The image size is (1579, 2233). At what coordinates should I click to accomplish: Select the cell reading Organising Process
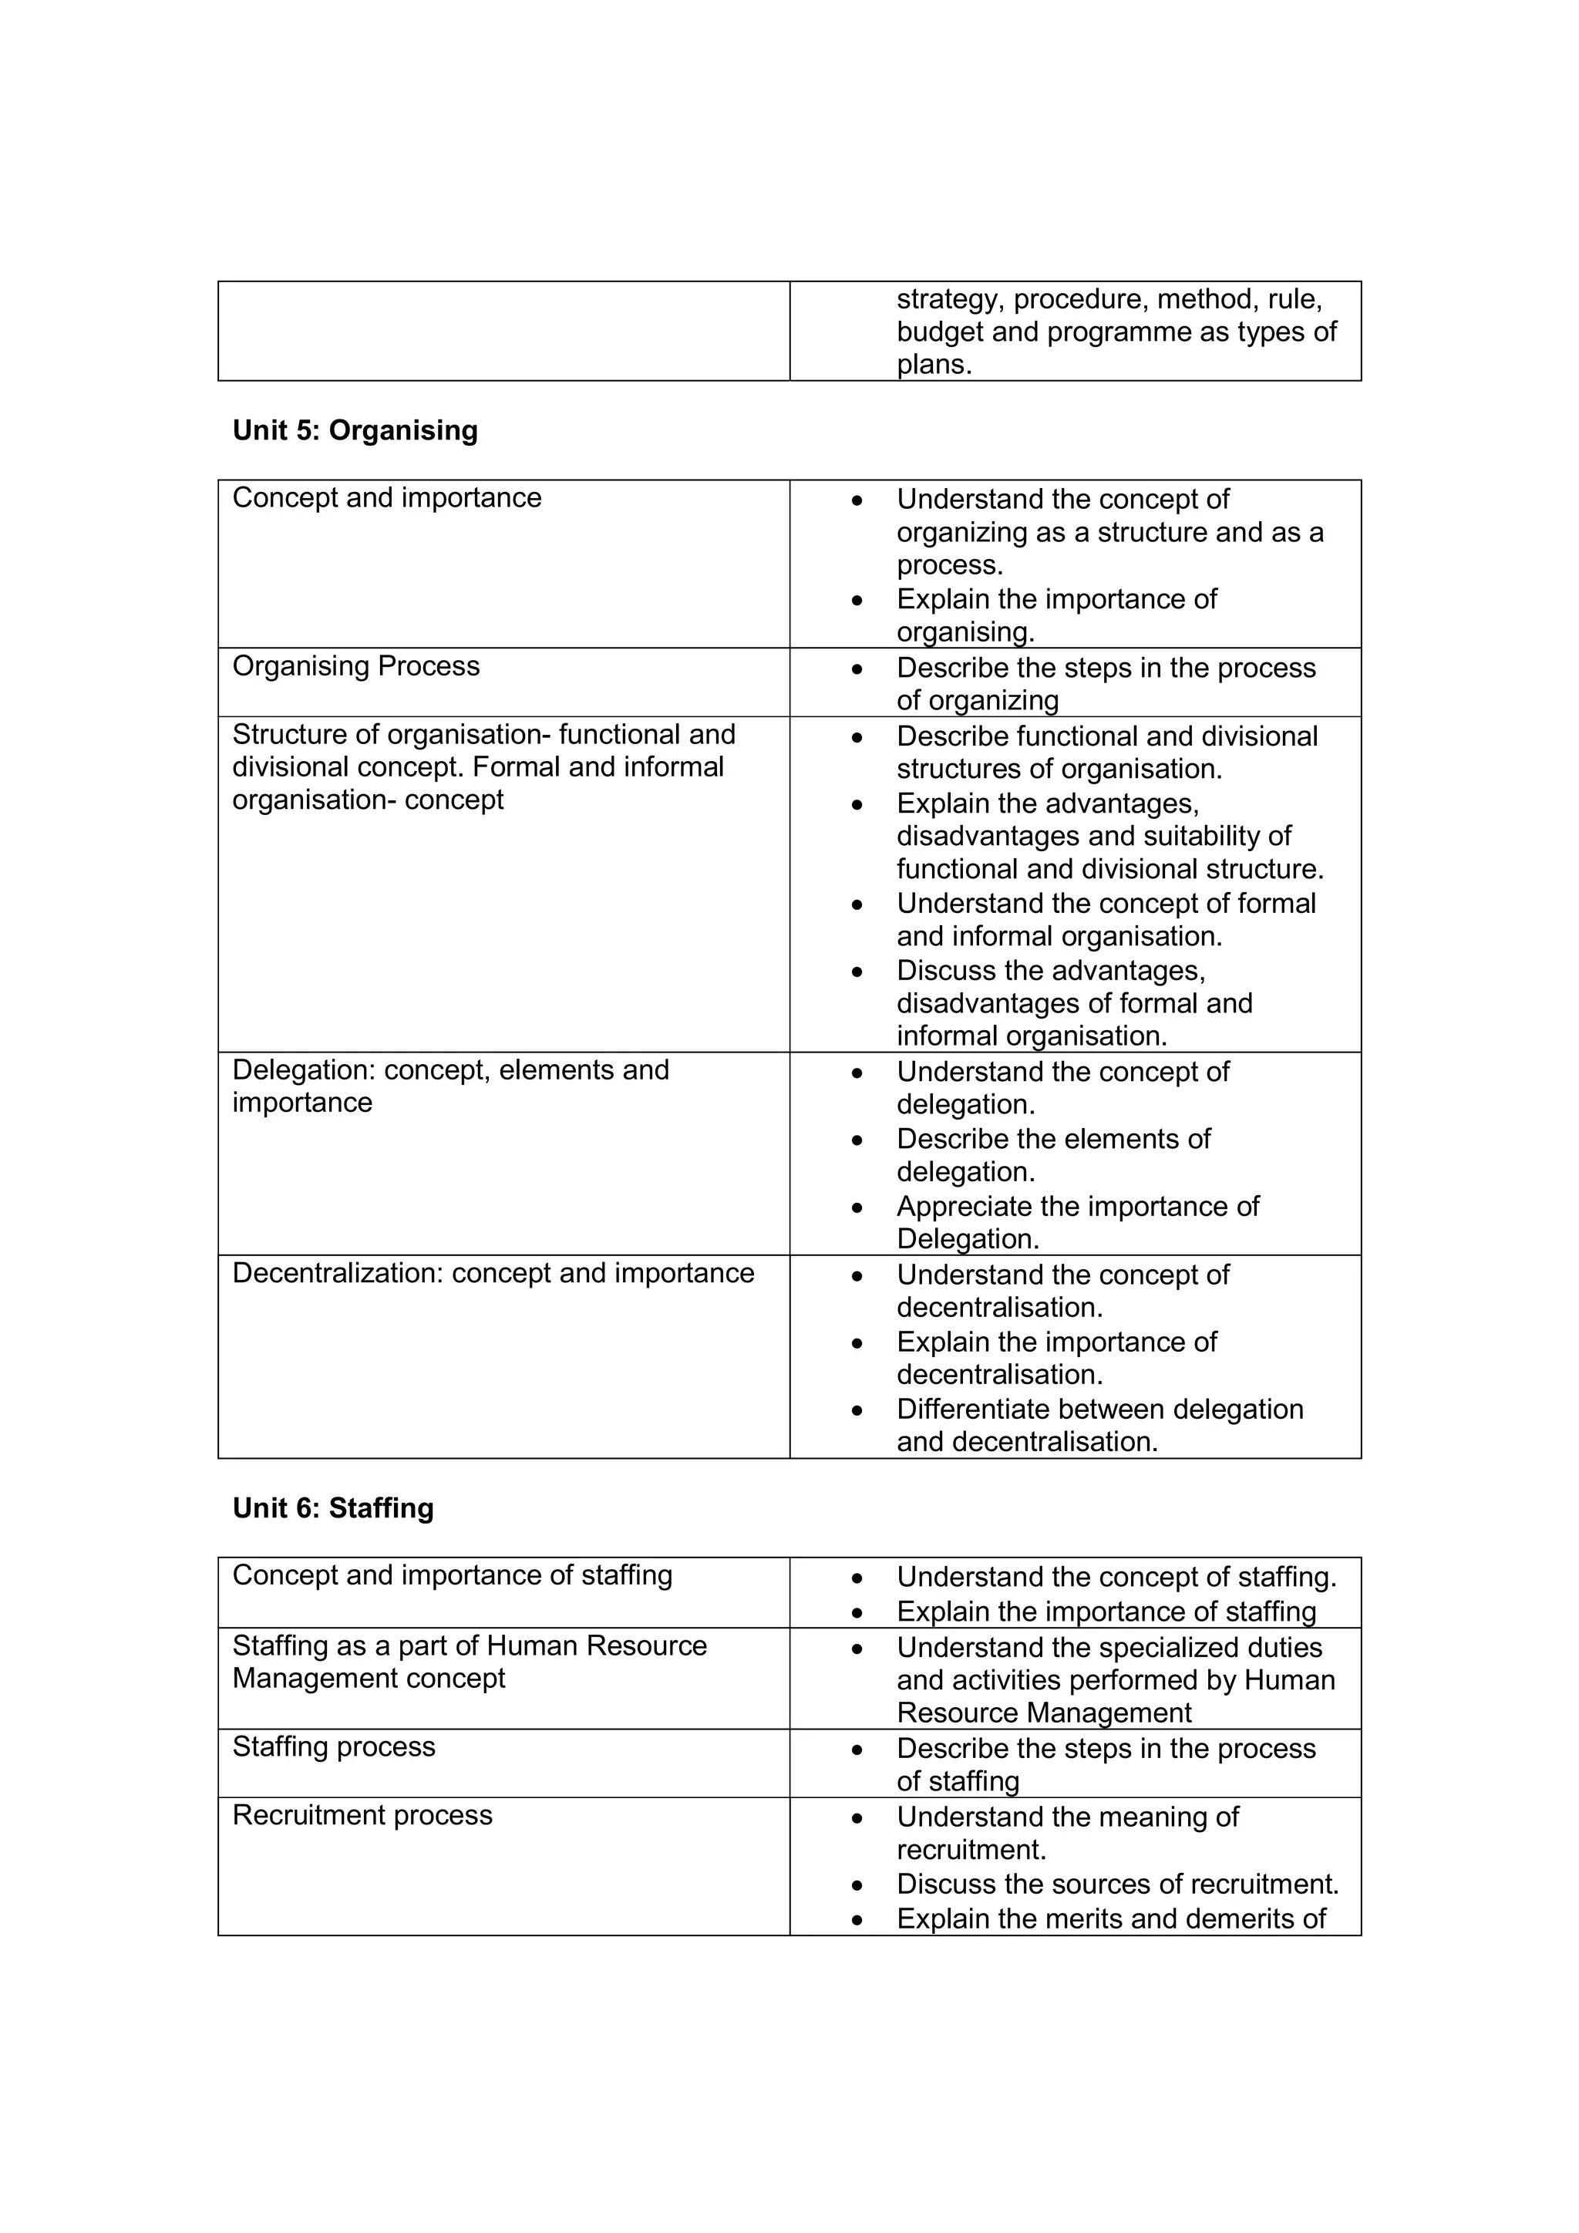356,666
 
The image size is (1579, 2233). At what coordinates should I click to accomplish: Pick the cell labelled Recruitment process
362,1815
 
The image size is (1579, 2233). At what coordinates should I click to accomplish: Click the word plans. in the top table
934,365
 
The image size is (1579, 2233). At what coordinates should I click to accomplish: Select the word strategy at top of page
949,298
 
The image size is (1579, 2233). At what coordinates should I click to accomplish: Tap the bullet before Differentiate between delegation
857,1410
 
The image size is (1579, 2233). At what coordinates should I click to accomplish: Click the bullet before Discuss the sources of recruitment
857,1884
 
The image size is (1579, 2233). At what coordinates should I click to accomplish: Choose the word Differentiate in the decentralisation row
976,1410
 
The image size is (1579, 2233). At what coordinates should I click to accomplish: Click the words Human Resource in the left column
596,1645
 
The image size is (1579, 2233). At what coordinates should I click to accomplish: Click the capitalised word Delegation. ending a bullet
968,1239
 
